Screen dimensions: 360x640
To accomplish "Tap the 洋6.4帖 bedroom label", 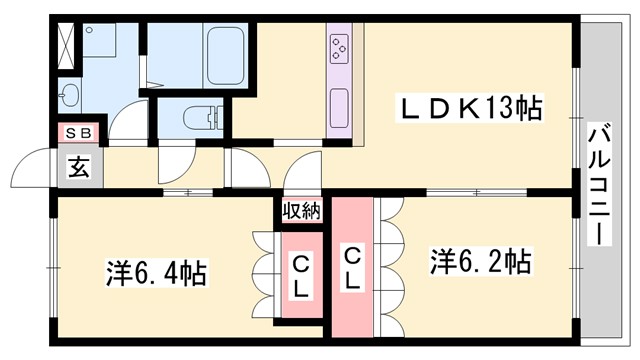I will [157, 272].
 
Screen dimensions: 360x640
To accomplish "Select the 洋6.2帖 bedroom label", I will [480, 262].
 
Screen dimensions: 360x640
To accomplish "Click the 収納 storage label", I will [300, 211].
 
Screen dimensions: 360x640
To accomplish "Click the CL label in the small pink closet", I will [300, 273].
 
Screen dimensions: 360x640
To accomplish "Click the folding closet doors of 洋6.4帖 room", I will [266, 272].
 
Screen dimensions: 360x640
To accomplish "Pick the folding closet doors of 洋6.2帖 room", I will [389, 265].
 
